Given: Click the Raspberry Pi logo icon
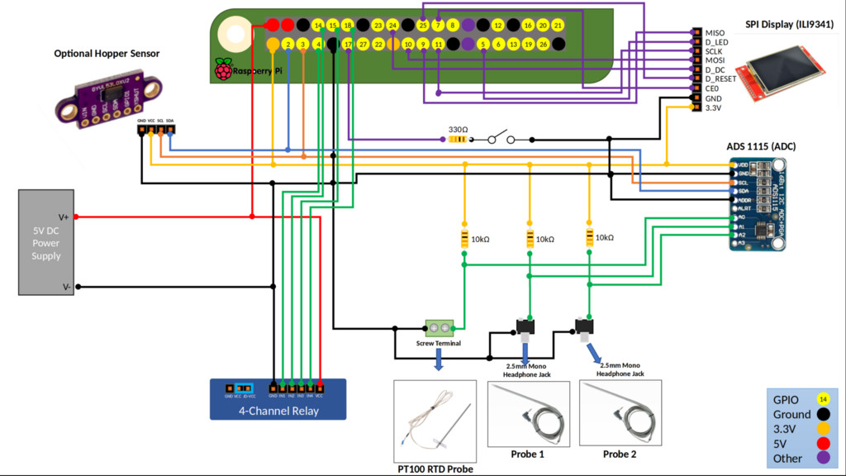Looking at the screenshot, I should [x=223, y=69].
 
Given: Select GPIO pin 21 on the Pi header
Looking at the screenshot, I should [x=558, y=26].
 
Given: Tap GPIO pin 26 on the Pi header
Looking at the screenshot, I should [x=543, y=44].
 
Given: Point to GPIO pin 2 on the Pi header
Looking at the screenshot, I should [x=288, y=44].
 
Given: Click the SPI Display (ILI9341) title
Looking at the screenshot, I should [x=789, y=24].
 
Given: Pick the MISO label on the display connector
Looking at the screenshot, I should [x=715, y=33].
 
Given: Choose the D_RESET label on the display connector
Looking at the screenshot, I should [x=720, y=79].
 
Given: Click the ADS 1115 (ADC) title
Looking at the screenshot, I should [x=761, y=146].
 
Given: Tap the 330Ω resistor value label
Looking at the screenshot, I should [x=458, y=130].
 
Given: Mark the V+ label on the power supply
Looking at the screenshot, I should [x=64, y=217].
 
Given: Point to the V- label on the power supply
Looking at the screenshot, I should [x=64, y=287].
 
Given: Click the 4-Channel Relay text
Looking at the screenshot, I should [x=278, y=411].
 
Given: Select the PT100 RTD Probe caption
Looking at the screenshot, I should [x=435, y=469].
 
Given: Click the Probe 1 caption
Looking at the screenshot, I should [x=528, y=455].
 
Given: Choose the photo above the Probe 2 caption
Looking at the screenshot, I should [x=620, y=413].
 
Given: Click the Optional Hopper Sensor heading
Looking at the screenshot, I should [x=107, y=54].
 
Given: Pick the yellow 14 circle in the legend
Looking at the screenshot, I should [x=823, y=398].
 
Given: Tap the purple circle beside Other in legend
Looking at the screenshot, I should [x=823, y=458].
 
